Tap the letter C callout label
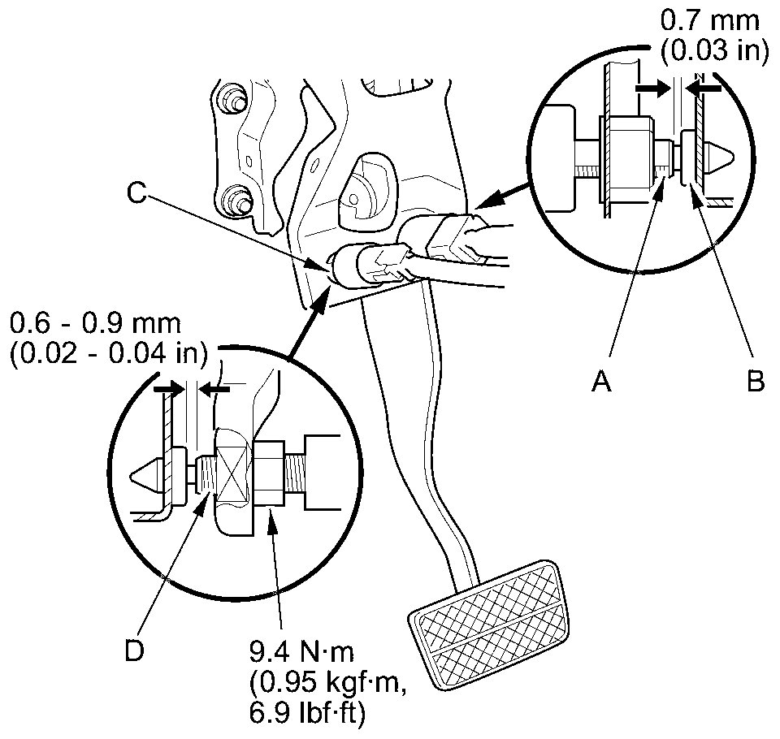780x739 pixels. (x=137, y=194)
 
